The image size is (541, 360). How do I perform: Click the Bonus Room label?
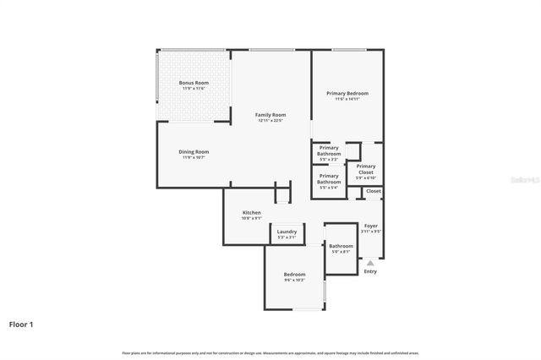point(194,83)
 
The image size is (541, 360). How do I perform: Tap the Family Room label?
point(270,115)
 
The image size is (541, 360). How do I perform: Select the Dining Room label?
point(194,152)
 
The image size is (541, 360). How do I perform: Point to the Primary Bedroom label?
point(347,93)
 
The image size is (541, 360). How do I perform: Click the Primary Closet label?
point(365,169)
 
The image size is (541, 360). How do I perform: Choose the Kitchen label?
point(252,212)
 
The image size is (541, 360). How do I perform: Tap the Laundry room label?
point(287,232)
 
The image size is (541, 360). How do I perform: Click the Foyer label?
point(371,226)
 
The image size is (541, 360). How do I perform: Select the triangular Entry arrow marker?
point(369,263)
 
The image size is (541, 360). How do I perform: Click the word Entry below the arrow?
point(370,271)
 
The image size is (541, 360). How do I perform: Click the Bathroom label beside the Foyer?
point(341,246)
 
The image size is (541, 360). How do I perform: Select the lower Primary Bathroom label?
point(329,179)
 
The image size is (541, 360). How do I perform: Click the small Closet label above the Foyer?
point(373,191)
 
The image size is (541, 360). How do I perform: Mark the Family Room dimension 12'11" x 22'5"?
point(270,121)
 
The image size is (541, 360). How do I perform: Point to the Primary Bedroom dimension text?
point(347,99)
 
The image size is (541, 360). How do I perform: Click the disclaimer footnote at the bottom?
point(270,352)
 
